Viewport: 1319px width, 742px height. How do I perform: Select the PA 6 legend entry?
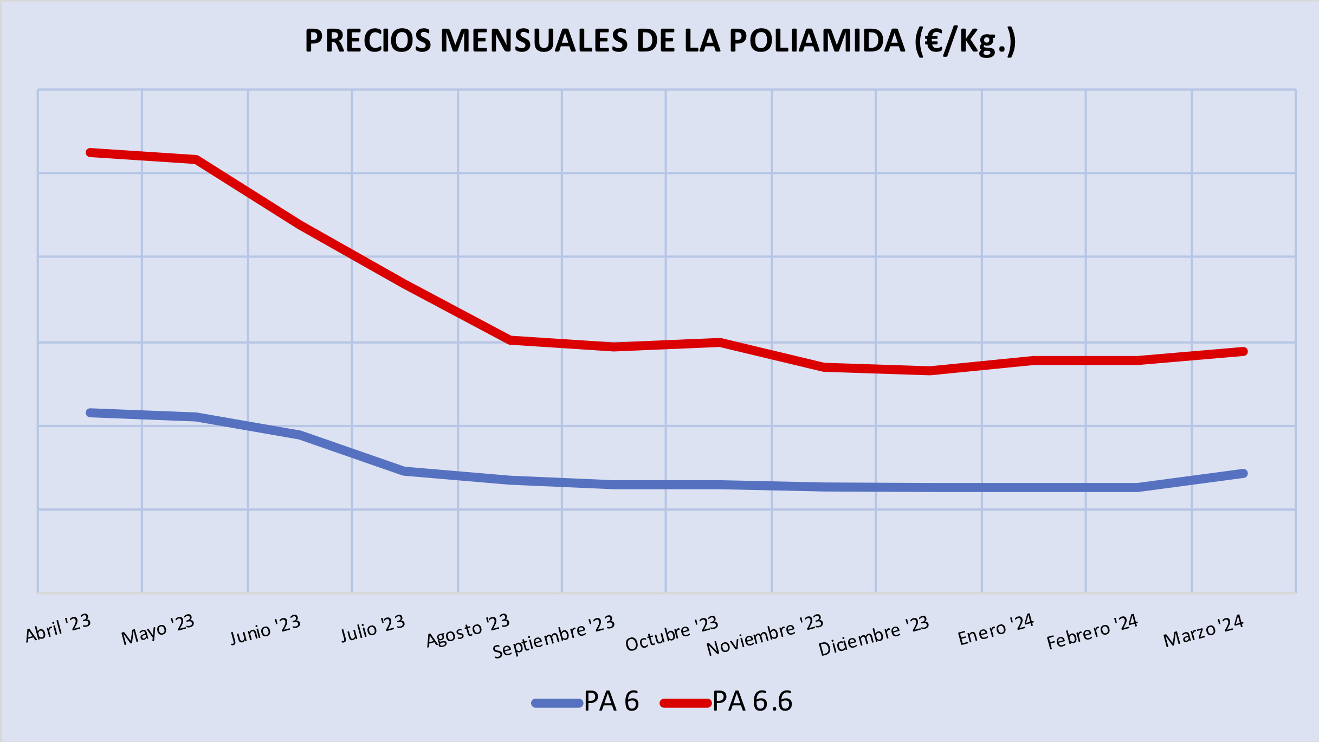point(586,702)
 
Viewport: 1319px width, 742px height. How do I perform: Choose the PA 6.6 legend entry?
point(726,702)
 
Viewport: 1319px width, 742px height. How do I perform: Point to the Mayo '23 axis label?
point(158,630)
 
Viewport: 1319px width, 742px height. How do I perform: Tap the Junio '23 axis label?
point(265,630)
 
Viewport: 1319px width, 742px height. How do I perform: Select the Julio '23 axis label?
point(373,629)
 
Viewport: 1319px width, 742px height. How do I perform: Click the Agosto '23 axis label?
point(468,630)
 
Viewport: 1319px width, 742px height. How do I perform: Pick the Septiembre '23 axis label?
point(553,636)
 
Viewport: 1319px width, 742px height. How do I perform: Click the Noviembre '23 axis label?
point(765,635)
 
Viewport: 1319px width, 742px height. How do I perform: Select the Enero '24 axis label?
point(996,630)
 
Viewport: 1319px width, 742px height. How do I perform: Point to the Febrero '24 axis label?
point(1092,632)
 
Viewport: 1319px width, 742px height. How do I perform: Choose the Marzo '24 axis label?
point(1204,631)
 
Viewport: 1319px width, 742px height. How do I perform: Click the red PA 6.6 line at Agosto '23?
point(510,340)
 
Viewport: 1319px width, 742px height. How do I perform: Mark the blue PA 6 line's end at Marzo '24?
point(1244,473)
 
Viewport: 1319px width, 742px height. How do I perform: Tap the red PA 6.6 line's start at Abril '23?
point(89,152)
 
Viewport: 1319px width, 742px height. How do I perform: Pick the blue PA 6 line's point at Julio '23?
point(404,471)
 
